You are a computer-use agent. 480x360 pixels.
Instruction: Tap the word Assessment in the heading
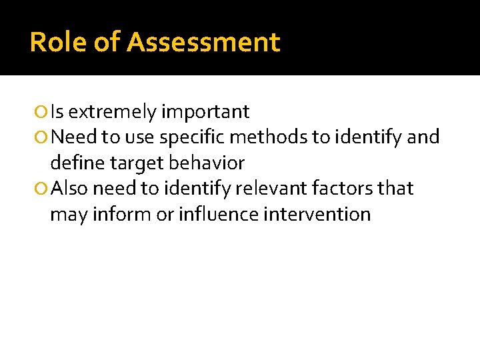coord(203,43)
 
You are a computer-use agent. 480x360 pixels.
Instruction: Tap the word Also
coord(69,189)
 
